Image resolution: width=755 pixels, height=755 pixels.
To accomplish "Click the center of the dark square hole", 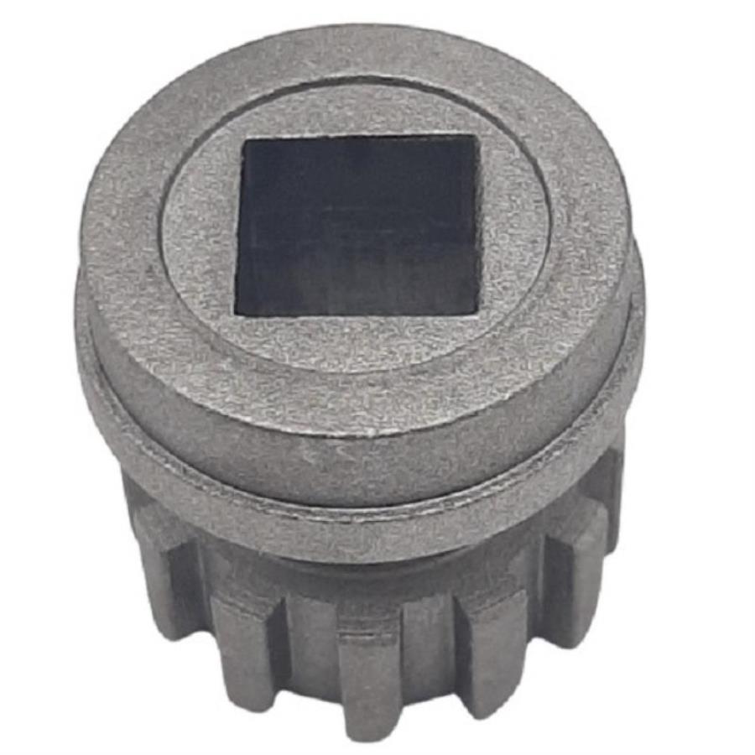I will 359,225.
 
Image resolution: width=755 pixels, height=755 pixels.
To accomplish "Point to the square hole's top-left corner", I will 244,140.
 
